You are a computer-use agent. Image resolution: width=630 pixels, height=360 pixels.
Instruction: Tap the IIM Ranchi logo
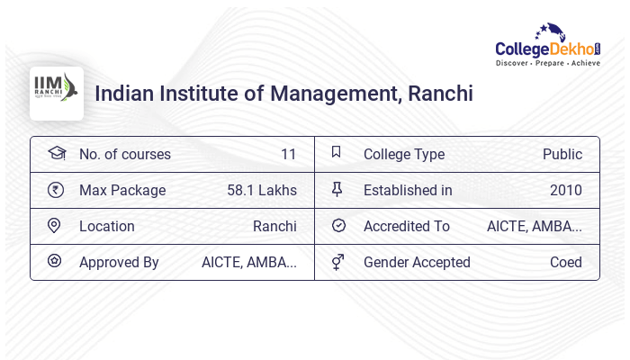[x=56, y=93]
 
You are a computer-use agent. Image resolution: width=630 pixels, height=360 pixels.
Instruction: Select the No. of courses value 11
[x=288, y=154]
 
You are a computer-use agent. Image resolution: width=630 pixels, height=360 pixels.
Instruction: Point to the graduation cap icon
[x=56, y=153]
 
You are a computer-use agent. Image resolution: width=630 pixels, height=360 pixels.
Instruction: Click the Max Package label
[x=122, y=190]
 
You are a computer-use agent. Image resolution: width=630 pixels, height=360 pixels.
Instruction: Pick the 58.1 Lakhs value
[x=262, y=190]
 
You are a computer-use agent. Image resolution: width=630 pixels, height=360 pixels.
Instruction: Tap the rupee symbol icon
[x=55, y=190]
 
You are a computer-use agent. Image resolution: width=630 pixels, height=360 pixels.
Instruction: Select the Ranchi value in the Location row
[x=274, y=226]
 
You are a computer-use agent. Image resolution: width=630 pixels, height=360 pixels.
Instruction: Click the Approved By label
[x=119, y=262]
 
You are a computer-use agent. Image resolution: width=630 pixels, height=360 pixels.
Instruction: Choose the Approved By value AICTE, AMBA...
[x=249, y=262]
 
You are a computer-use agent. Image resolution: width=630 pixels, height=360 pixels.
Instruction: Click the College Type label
[x=404, y=154]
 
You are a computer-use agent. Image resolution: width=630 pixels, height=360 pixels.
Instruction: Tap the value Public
[x=562, y=154]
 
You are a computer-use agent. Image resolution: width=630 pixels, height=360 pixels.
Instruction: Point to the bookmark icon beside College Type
[x=337, y=153]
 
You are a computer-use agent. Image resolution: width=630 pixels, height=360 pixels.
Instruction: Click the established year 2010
[x=566, y=190]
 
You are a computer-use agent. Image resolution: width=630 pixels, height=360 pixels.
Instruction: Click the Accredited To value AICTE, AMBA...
[x=535, y=226]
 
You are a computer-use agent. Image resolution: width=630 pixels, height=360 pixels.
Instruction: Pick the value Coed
[x=566, y=262]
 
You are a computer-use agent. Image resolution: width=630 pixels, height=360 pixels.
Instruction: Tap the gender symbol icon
[x=337, y=262]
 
